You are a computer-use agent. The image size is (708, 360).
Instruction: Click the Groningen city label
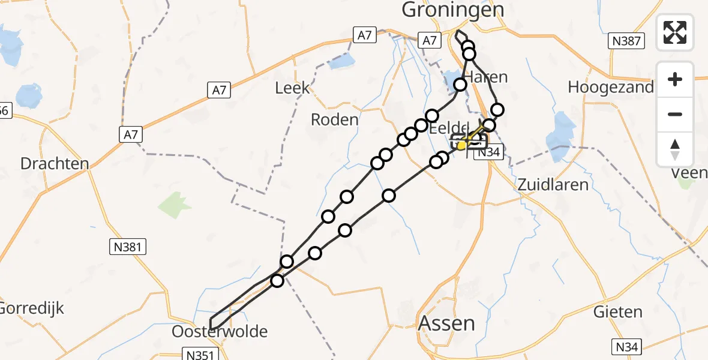click(453, 10)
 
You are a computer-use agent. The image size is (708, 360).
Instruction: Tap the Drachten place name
click(55, 163)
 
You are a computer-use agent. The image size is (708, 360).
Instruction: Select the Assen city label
click(446, 323)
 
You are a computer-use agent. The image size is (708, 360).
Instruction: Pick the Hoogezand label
click(611, 88)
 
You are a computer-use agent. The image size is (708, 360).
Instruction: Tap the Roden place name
click(334, 119)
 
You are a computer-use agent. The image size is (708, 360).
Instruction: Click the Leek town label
click(292, 88)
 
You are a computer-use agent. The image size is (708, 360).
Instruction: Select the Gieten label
click(617, 312)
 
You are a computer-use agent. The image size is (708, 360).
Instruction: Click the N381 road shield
click(128, 246)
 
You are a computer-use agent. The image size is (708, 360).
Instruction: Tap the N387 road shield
click(626, 41)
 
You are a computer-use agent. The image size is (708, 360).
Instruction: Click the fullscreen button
click(675, 32)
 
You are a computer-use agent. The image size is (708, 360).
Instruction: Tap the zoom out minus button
click(675, 114)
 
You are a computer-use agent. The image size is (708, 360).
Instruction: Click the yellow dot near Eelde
click(461, 145)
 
